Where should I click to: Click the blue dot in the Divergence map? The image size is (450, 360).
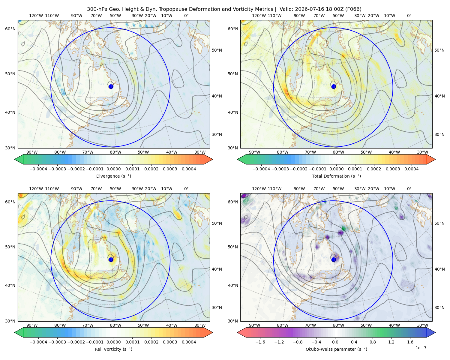click(x=111, y=86)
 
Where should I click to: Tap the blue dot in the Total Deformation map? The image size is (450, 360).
click(x=334, y=86)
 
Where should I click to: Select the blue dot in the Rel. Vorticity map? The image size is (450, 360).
click(x=111, y=259)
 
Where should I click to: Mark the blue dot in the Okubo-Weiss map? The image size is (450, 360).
click(x=334, y=259)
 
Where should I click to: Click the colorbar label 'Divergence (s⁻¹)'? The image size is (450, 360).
click(x=113, y=176)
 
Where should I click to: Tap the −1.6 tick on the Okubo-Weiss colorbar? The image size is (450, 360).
click(x=260, y=342)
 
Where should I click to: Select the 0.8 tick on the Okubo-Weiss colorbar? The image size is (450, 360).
click(x=373, y=342)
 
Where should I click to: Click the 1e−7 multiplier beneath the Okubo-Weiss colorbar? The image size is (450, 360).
click(x=421, y=348)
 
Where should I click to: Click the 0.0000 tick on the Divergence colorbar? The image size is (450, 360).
click(x=113, y=169)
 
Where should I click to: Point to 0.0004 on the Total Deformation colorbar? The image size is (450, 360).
click(x=411, y=169)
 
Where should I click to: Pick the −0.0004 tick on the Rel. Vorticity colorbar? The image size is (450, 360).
click(x=38, y=342)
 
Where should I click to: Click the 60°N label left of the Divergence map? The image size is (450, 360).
click(x=10, y=29)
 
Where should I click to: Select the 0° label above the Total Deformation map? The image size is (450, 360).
click(x=409, y=16)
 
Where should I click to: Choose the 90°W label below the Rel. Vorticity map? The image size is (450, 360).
click(x=32, y=325)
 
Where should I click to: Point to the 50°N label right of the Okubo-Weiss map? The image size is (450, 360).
click(x=439, y=223)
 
